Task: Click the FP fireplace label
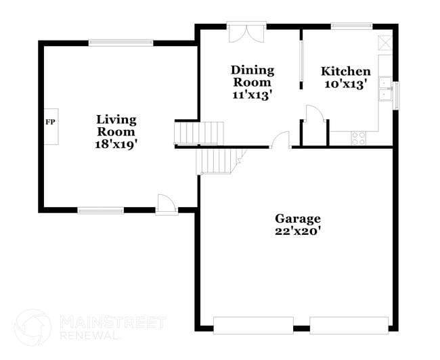click(x=49, y=122)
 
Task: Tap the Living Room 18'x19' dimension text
click(x=116, y=144)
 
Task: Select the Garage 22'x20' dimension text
click(x=297, y=231)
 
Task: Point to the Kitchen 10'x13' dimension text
click(x=345, y=84)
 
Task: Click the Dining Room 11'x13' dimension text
click(x=252, y=95)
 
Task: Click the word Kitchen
click(x=345, y=72)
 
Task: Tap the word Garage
click(x=297, y=219)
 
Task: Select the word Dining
click(x=252, y=70)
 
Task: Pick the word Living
click(x=116, y=120)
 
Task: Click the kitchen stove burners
click(x=358, y=138)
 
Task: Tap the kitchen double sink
click(x=385, y=90)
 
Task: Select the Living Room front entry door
click(x=167, y=204)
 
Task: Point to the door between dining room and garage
click(x=280, y=140)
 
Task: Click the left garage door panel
click(x=252, y=325)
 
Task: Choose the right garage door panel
click(x=349, y=325)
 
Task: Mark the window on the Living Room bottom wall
click(x=100, y=210)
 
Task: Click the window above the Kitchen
click(x=351, y=26)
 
